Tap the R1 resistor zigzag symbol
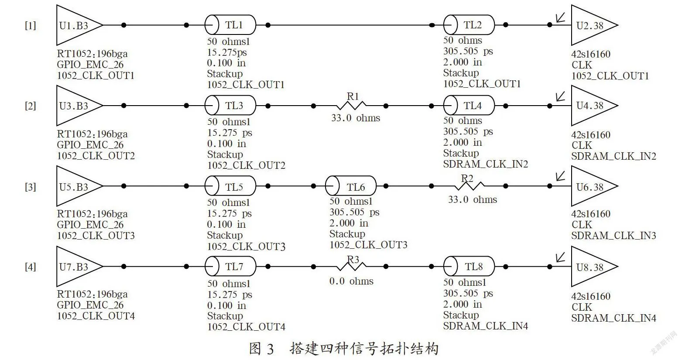(x=351, y=106)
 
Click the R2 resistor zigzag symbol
(x=469, y=186)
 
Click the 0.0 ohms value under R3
(x=351, y=281)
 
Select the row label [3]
(x=31, y=187)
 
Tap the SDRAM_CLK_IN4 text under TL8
(x=485, y=326)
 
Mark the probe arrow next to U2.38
(x=561, y=17)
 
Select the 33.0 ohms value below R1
(x=356, y=118)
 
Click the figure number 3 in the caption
(x=270, y=349)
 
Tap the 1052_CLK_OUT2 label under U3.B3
(x=96, y=156)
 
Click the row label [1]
(x=31, y=26)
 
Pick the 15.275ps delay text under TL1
(x=227, y=52)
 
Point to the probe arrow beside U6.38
(x=561, y=176)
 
